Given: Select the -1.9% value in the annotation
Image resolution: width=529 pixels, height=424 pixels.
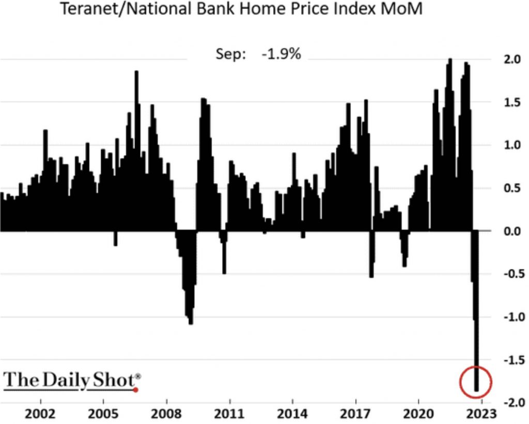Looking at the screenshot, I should tap(281, 54).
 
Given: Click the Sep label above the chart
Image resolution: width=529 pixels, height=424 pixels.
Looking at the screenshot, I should tap(231, 54).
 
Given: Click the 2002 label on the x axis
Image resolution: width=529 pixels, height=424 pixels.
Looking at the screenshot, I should tap(40, 414).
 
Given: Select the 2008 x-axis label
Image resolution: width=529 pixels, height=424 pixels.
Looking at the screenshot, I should tap(166, 414).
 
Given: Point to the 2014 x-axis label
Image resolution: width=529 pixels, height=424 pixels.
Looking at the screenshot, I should tap(292, 414).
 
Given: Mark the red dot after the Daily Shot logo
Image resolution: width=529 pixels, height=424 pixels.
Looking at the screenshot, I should tap(136, 389).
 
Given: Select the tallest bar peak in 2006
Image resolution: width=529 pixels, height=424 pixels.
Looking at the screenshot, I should tap(137, 72).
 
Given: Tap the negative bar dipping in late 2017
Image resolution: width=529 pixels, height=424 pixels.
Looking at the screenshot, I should tap(371, 274).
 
